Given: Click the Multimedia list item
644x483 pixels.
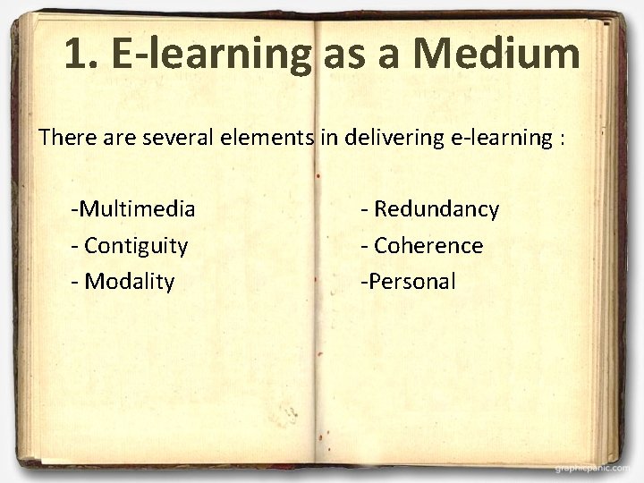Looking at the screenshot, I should (x=134, y=209).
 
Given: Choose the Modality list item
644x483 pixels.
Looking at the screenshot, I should (x=129, y=282).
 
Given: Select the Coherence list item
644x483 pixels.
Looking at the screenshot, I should (x=428, y=245).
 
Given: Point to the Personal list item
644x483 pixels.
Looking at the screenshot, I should (x=409, y=282).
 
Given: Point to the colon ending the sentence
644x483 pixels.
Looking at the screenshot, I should (x=561, y=140).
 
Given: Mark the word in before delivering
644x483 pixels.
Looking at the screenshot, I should (x=328, y=138).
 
